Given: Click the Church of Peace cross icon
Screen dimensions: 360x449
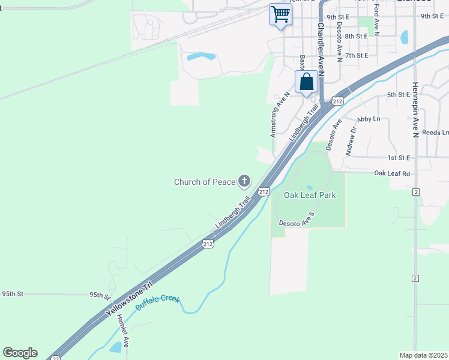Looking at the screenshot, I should (244, 181).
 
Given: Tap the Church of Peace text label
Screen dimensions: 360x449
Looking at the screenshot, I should (205, 182).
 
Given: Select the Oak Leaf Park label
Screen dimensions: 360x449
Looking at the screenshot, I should (310, 195).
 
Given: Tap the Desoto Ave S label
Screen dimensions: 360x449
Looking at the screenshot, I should (297, 218).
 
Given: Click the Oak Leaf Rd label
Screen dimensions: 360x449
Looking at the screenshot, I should (392, 173).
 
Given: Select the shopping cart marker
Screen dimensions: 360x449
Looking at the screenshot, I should (280, 14).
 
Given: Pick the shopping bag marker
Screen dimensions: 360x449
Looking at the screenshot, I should (306, 82).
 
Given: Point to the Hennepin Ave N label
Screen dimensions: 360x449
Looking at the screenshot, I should (415, 110).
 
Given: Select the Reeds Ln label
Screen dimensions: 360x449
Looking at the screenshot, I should (435, 133).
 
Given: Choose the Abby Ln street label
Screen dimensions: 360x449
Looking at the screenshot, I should (369, 119).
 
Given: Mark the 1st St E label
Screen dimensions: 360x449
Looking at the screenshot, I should (399, 158).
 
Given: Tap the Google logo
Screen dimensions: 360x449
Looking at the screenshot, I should (20, 353).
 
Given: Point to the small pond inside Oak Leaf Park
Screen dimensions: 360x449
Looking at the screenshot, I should (309, 187).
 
